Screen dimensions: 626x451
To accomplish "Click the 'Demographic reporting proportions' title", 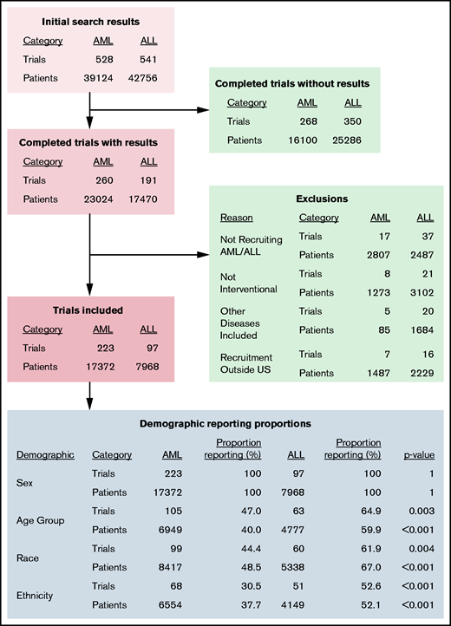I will click(226, 424).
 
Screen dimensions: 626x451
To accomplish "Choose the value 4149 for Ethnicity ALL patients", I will click(295, 606).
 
